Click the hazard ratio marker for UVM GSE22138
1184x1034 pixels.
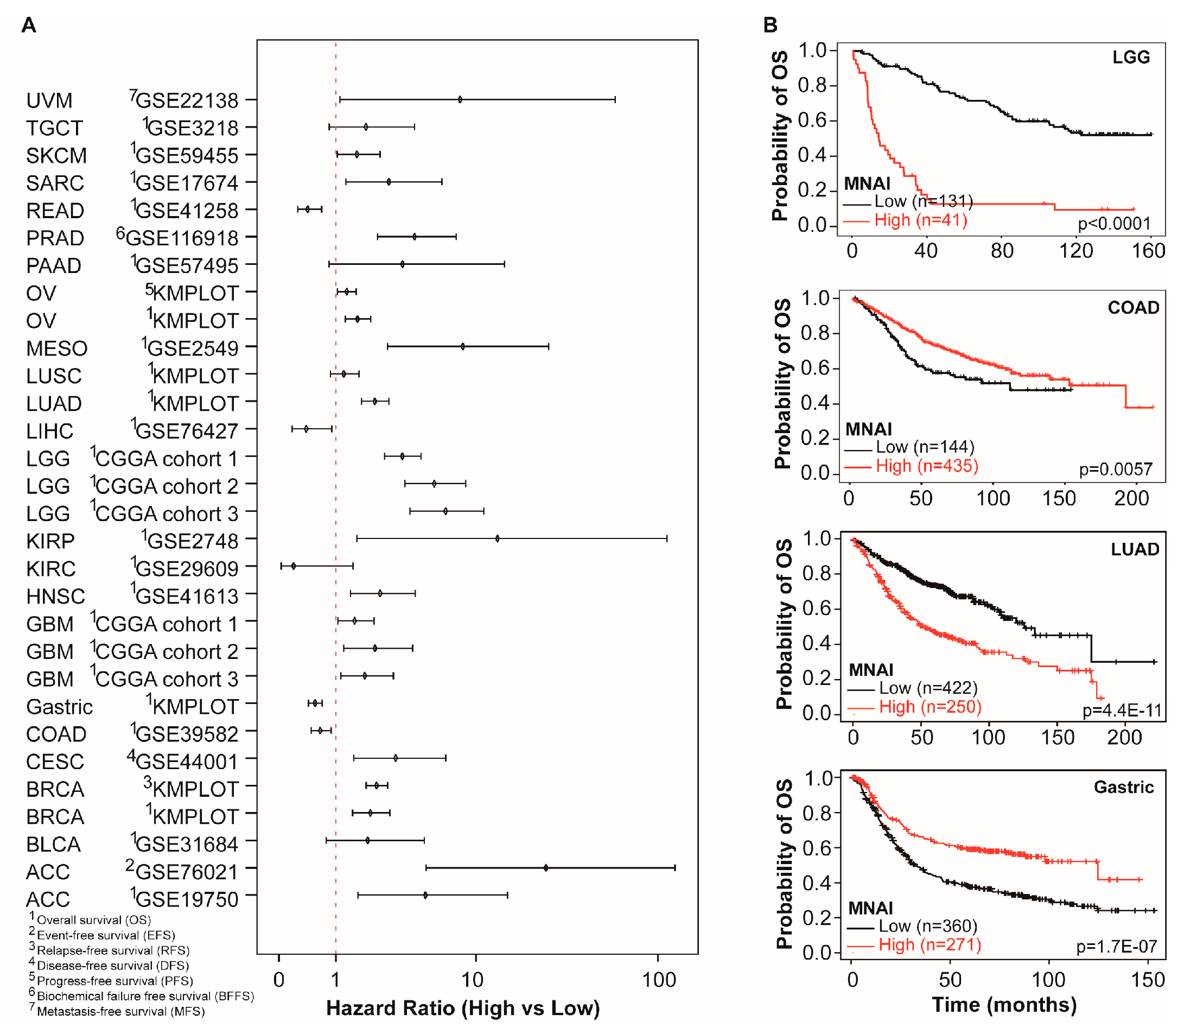(460, 100)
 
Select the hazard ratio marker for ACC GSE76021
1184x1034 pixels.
(545, 867)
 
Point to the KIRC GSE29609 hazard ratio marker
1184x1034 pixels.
(294, 566)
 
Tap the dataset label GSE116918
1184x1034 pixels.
(181, 238)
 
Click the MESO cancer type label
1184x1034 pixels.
(56, 348)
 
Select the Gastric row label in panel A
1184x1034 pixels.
(59, 707)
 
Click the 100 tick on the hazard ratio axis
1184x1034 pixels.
(659, 980)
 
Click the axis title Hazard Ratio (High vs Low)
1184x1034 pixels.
(462, 1008)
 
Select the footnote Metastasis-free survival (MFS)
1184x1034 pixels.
(120, 1012)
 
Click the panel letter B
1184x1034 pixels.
(770, 25)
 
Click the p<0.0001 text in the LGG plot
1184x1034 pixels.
(1113, 223)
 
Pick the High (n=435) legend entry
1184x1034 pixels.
(926, 466)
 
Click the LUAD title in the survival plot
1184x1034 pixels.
(1135, 549)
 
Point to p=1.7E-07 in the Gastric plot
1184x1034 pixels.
(1116, 946)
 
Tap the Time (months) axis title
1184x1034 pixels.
(1004, 1005)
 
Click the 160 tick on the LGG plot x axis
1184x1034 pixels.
(1148, 251)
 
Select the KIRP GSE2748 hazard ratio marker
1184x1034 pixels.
(497, 538)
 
